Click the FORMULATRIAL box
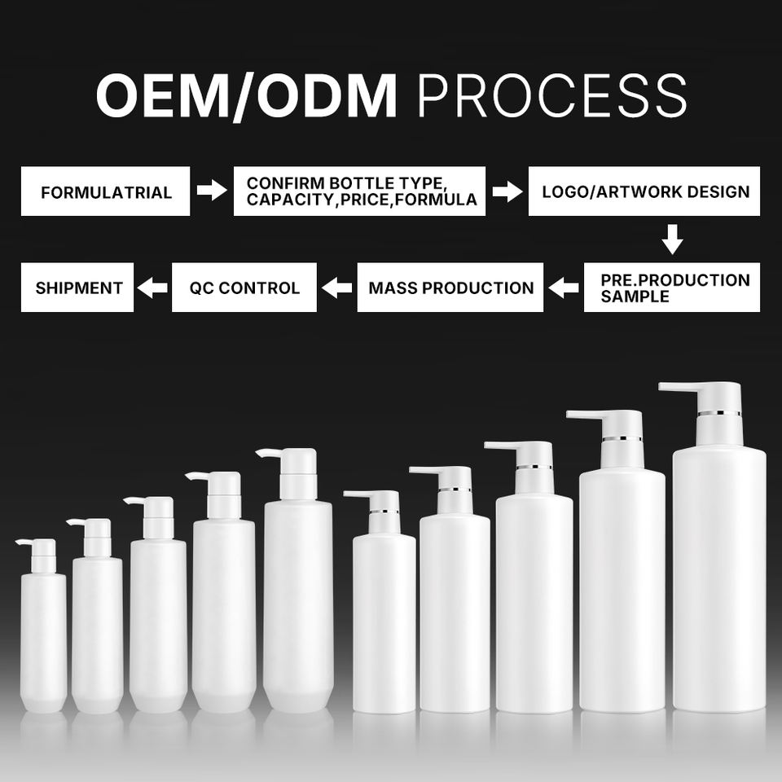tap(105, 191)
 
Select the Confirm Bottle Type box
tap(359, 191)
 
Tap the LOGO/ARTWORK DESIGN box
tap(644, 191)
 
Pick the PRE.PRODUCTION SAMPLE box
tap(672, 288)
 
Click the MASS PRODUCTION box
tap(450, 288)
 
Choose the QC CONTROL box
tap(244, 288)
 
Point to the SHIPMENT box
tap(77, 288)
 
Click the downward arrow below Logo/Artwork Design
tap(672, 239)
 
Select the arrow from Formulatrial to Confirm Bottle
tap(212, 190)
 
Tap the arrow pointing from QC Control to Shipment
tap(152, 288)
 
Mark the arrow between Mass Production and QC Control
tap(337, 288)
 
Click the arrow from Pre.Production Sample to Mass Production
tap(564, 288)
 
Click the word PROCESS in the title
tap(552, 95)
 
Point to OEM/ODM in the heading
tap(247, 95)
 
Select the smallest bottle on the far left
tap(43, 626)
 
